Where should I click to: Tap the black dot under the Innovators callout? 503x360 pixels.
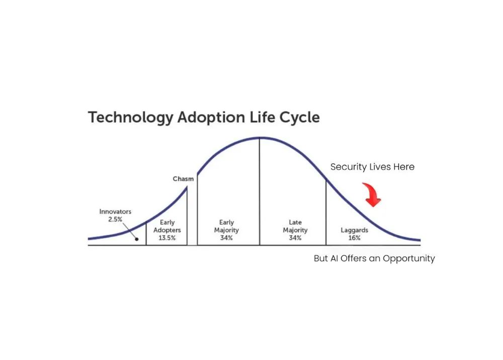tap(137, 239)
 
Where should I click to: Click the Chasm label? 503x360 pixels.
tap(183, 179)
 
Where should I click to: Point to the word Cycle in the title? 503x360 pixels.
tap(300, 118)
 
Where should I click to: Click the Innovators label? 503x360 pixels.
tap(115, 212)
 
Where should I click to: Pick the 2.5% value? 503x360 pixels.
tap(115, 219)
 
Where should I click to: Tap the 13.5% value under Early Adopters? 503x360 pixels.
tap(167, 238)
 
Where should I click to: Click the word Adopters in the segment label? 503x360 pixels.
tap(167, 230)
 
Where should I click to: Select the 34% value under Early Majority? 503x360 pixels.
tap(226, 238)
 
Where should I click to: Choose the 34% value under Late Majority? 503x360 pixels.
tap(295, 238)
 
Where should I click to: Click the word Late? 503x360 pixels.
tap(295, 222)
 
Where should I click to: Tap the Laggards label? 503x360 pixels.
tap(355, 230)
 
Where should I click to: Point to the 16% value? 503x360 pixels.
tap(355, 238)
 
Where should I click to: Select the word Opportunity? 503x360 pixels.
tap(409, 259)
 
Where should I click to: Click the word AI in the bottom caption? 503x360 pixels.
tap(334, 258)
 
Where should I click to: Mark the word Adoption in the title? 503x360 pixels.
tap(211, 118)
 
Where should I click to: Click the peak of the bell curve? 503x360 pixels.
tap(260, 138)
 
